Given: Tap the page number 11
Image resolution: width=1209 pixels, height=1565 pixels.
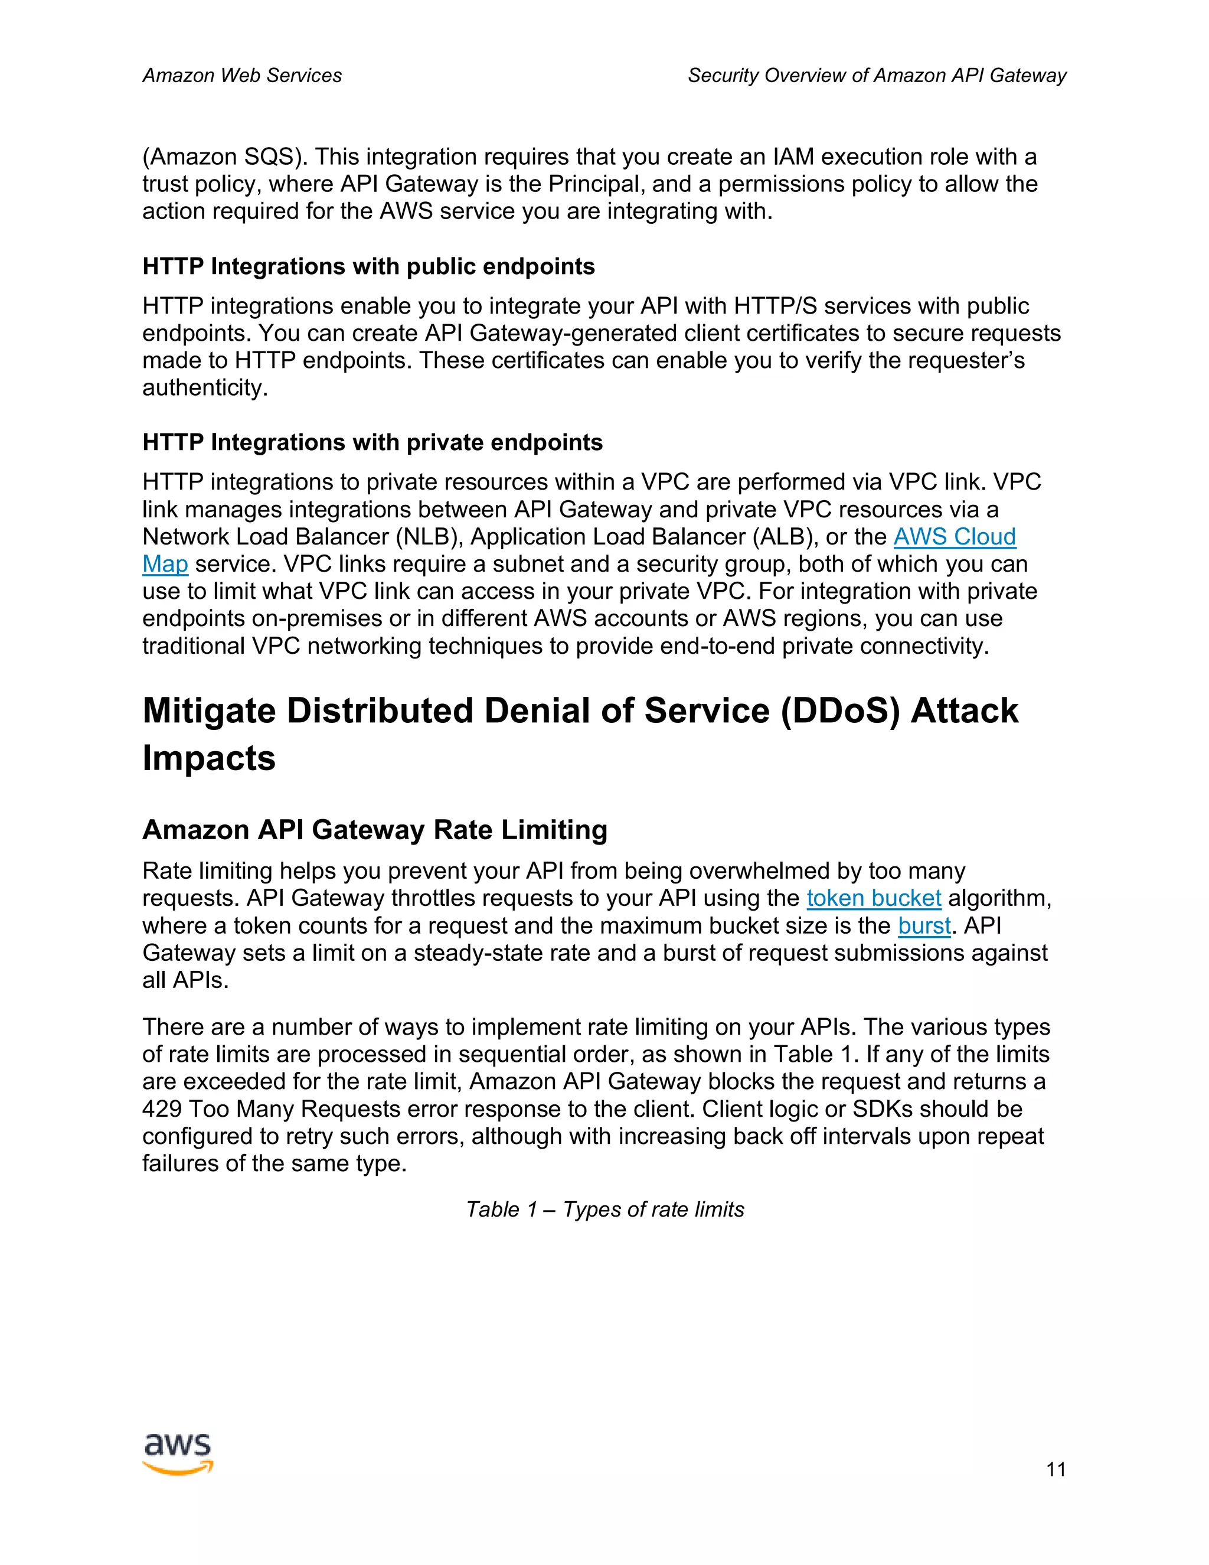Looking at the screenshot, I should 1056,1470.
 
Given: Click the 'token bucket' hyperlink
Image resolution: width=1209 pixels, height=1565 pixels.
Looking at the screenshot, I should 873,898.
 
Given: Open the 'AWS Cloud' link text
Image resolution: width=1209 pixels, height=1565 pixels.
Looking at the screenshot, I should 954,537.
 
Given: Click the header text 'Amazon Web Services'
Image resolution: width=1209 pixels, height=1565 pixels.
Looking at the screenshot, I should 242,75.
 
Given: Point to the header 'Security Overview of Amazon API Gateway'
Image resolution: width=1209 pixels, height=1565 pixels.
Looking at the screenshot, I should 877,75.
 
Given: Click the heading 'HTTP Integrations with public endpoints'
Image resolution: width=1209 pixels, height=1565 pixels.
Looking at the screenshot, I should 368,266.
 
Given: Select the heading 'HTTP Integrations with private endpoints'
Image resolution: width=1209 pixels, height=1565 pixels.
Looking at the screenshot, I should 372,442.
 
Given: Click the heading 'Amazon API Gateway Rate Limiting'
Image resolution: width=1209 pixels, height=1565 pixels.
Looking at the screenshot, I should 375,830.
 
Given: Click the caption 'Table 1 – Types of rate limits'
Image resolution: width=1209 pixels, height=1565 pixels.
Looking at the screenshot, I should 604,1209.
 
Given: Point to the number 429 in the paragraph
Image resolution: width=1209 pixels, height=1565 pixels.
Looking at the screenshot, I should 162,1109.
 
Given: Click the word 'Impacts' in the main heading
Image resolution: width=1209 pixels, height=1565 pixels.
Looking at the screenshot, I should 208,758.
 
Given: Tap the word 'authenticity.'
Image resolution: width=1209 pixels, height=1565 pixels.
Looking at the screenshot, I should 205,387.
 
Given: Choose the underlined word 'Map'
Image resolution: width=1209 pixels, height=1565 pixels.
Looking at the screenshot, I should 165,564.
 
